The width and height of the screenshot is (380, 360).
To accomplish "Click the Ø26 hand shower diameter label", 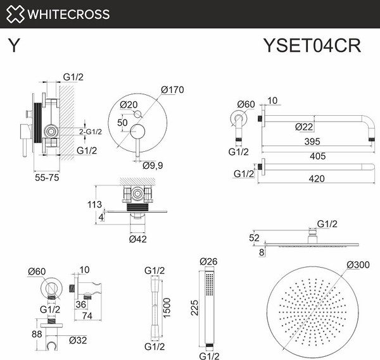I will (208, 261).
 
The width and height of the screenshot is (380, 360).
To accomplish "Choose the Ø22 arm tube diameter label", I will (304, 127).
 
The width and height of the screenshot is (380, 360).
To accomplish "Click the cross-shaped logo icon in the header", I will (15, 14).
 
